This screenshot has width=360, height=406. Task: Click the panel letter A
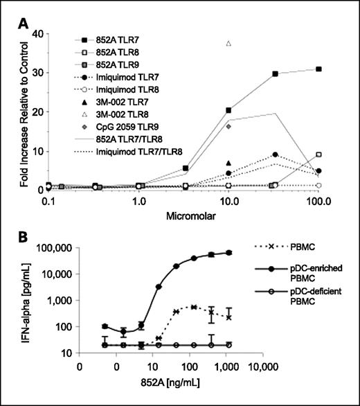point(23,23)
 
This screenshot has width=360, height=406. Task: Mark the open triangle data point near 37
point(228,44)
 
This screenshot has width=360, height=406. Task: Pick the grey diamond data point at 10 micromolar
point(228,126)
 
